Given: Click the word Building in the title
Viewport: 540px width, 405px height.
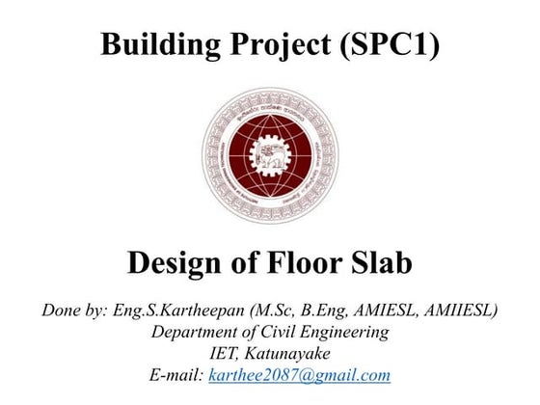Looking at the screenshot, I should (154, 44).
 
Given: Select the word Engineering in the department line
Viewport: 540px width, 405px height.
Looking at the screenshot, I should (352, 333).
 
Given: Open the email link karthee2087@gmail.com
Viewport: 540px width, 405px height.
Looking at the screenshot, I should (300, 376).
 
